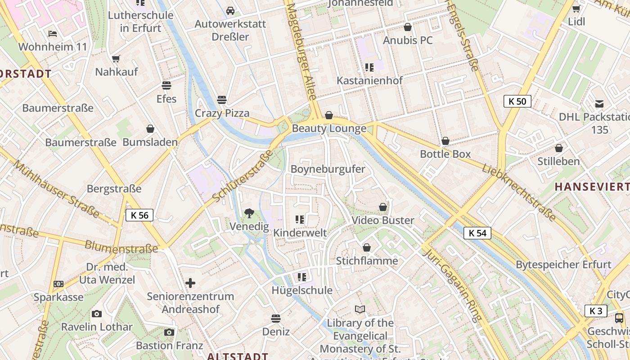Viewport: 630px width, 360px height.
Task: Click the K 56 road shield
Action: [x=139, y=215]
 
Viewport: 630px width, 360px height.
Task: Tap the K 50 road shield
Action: [x=517, y=101]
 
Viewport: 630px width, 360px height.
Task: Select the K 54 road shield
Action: [x=477, y=233]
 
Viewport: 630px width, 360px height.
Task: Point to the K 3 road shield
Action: [x=596, y=311]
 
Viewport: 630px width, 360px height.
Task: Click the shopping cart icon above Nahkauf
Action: [x=116, y=58]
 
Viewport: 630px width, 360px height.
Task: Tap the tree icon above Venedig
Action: [x=249, y=213]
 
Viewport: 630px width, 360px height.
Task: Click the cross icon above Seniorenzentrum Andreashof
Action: [x=190, y=283]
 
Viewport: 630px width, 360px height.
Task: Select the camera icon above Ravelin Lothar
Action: [x=96, y=314]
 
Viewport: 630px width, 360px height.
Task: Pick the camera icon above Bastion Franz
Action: [x=169, y=332]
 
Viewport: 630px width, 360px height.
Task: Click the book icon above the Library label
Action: [x=360, y=310]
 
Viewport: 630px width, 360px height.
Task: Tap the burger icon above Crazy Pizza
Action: [x=221, y=99]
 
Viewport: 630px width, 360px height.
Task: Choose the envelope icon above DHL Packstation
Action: [x=599, y=104]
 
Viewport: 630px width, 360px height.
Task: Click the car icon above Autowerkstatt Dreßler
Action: [x=230, y=10]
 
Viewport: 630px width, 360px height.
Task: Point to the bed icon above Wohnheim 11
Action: [x=53, y=34]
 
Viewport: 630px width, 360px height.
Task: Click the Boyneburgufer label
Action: [x=328, y=169]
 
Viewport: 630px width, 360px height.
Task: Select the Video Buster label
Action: [x=382, y=220]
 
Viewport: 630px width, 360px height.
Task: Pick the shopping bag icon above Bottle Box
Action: [x=445, y=141]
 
